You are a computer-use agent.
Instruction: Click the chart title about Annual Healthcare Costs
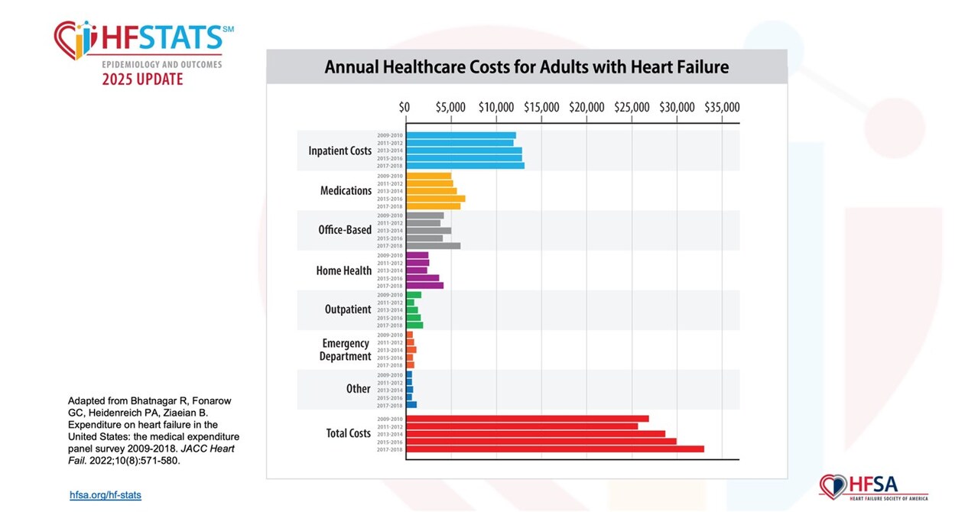coord(526,67)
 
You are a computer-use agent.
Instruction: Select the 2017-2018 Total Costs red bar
coord(554,449)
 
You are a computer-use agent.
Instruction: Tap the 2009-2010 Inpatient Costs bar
coord(460,135)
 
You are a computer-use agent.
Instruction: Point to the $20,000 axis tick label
coord(586,107)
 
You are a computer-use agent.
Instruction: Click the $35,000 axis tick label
coord(721,107)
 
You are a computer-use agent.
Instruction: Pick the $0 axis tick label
coord(405,107)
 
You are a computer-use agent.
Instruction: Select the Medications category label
coord(346,191)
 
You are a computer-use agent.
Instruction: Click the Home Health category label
coord(343,271)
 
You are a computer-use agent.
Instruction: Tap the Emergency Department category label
coord(346,350)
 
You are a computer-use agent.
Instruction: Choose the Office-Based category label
coord(345,230)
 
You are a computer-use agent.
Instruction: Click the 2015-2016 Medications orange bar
coord(435,199)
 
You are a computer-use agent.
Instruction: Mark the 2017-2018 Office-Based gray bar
coord(433,246)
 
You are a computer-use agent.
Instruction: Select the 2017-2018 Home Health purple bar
coord(424,286)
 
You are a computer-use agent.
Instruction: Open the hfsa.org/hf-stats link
coord(106,495)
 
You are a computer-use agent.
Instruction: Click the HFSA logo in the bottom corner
coord(872,487)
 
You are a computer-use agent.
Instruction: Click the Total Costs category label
coord(348,433)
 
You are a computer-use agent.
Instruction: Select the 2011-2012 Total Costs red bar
coord(521,426)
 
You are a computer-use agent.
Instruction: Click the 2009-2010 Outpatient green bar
coord(413,295)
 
